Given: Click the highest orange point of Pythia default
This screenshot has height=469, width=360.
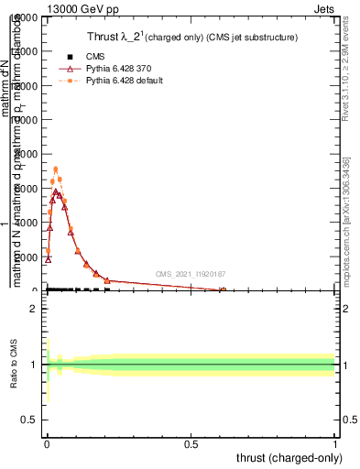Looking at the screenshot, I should (x=56, y=169).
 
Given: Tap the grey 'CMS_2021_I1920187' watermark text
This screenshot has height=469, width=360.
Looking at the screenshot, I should (x=190, y=274).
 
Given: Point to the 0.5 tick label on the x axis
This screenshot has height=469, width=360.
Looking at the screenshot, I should (x=191, y=442).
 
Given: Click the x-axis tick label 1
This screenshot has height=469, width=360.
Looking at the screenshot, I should (x=335, y=442).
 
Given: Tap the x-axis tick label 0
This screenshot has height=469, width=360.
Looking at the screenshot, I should (x=47, y=442).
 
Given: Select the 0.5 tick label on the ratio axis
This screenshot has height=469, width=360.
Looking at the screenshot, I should (x=28, y=419).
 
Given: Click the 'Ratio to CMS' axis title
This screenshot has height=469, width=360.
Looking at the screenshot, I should (x=15, y=365).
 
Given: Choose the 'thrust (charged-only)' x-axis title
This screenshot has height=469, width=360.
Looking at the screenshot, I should (x=292, y=457).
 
